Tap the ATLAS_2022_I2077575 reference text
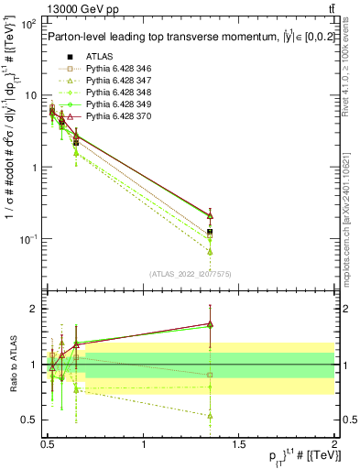click(x=191, y=273)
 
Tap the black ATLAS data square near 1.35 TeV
click(x=210, y=232)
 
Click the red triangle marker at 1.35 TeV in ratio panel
click(x=210, y=323)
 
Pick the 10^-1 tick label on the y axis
click(x=26, y=239)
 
